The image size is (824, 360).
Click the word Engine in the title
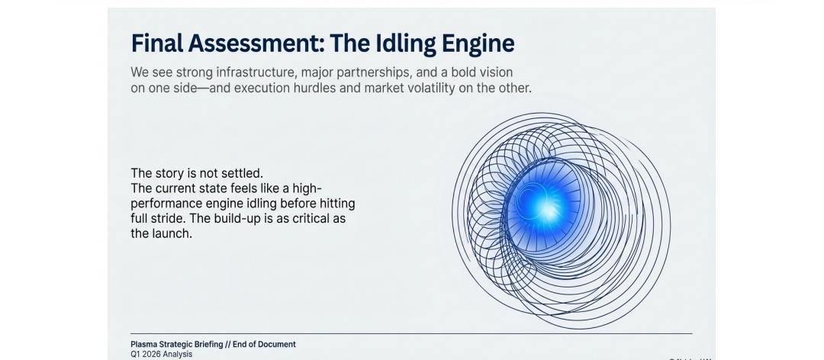pyautogui.click(x=478, y=43)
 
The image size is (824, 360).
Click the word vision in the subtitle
pyautogui.click(x=492, y=72)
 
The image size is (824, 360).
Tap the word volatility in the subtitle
pyautogui.click(x=449, y=88)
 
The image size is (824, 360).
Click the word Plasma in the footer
pyautogui.click(x=143, y=345)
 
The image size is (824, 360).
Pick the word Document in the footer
pyautogui.click(x=276, y=345)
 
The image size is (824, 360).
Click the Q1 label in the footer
pyautogui.click(x=136, y=354)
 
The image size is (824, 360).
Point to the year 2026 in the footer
pyautogui.click(x=153, y=354)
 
